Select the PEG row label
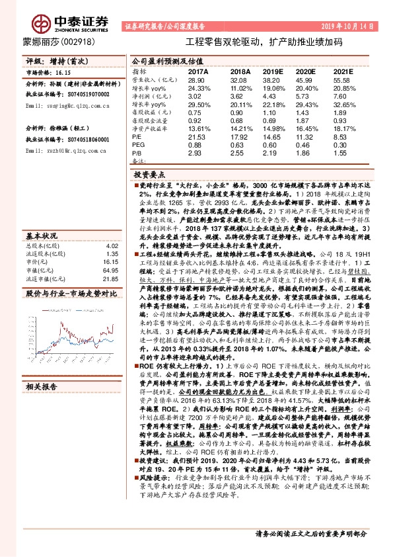click(x=139, y=144)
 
